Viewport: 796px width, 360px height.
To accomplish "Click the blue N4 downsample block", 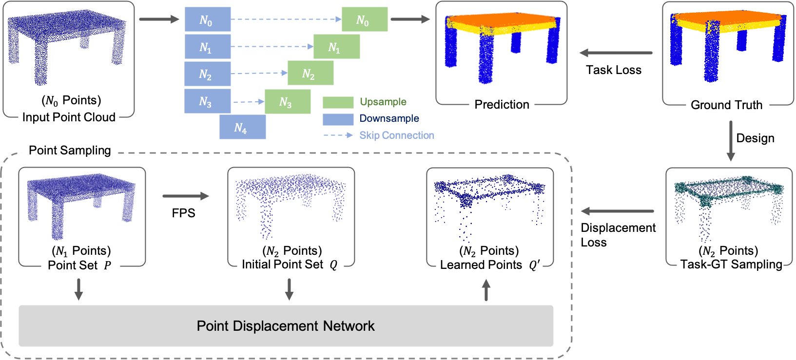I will click(x=242, y=127).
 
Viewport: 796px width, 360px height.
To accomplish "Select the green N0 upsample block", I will click(x=365, y=19).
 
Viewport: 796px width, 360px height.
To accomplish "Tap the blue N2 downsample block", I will click(x=207, y=74).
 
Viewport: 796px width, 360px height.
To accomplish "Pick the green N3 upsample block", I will click(x=287, y=102).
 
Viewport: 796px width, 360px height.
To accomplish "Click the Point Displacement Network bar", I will click(x=286, y=326).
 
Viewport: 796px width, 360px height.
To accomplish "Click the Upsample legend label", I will click(x=383, y=102).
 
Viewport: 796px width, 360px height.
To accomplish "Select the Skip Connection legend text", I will click(x=396, y=135).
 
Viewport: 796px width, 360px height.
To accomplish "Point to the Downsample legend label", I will click(x=389, y=118).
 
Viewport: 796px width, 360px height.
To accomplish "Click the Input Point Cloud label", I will click(x=69, y=117).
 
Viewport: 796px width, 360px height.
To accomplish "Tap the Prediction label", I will click(x=502, y=104).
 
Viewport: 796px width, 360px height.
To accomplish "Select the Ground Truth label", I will click(x=726, y=105).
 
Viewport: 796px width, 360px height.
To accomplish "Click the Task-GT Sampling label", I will click(x=731, y=265).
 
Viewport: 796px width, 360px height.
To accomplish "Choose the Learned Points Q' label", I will click(x=489, y=265).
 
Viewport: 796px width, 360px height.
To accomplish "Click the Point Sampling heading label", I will click(x=70, y=151).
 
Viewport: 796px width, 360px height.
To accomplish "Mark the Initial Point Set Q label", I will click(x=290, y=265).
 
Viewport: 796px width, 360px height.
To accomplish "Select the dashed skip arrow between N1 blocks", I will click(x=272, y=47).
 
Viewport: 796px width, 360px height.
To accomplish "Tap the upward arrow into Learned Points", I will click(x=486, y=290).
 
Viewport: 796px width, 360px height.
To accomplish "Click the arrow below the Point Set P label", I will click(x=78, y=289).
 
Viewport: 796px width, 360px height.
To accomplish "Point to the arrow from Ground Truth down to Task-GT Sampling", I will click(x=731, y=141).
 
